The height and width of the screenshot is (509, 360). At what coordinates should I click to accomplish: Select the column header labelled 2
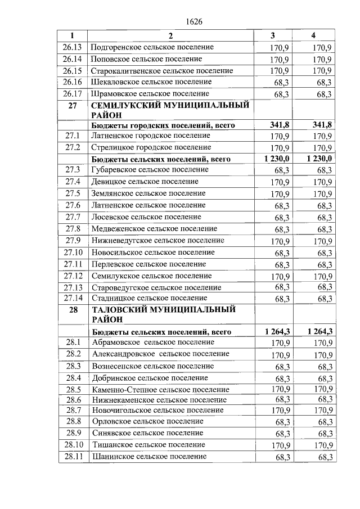tap(171, 35)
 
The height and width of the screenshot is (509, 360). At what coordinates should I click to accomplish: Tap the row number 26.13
tap(73, 47)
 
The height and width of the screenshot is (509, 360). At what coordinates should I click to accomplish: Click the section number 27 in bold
tap(73, 105)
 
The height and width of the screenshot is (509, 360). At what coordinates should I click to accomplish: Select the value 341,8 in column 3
tap(280, 125)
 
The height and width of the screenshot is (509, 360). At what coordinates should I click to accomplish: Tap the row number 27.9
tap(73, 241)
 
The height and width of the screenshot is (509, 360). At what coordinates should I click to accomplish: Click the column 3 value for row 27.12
tap(280, 276)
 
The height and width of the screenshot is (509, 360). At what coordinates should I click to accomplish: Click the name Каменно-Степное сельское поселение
tap(159, 389)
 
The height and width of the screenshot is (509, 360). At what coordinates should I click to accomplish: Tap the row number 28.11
tap(73, 456)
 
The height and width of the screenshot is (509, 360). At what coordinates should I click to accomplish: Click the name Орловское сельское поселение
tap(148, 421)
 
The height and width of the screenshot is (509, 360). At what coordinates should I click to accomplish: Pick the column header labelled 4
tap(313, 35)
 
